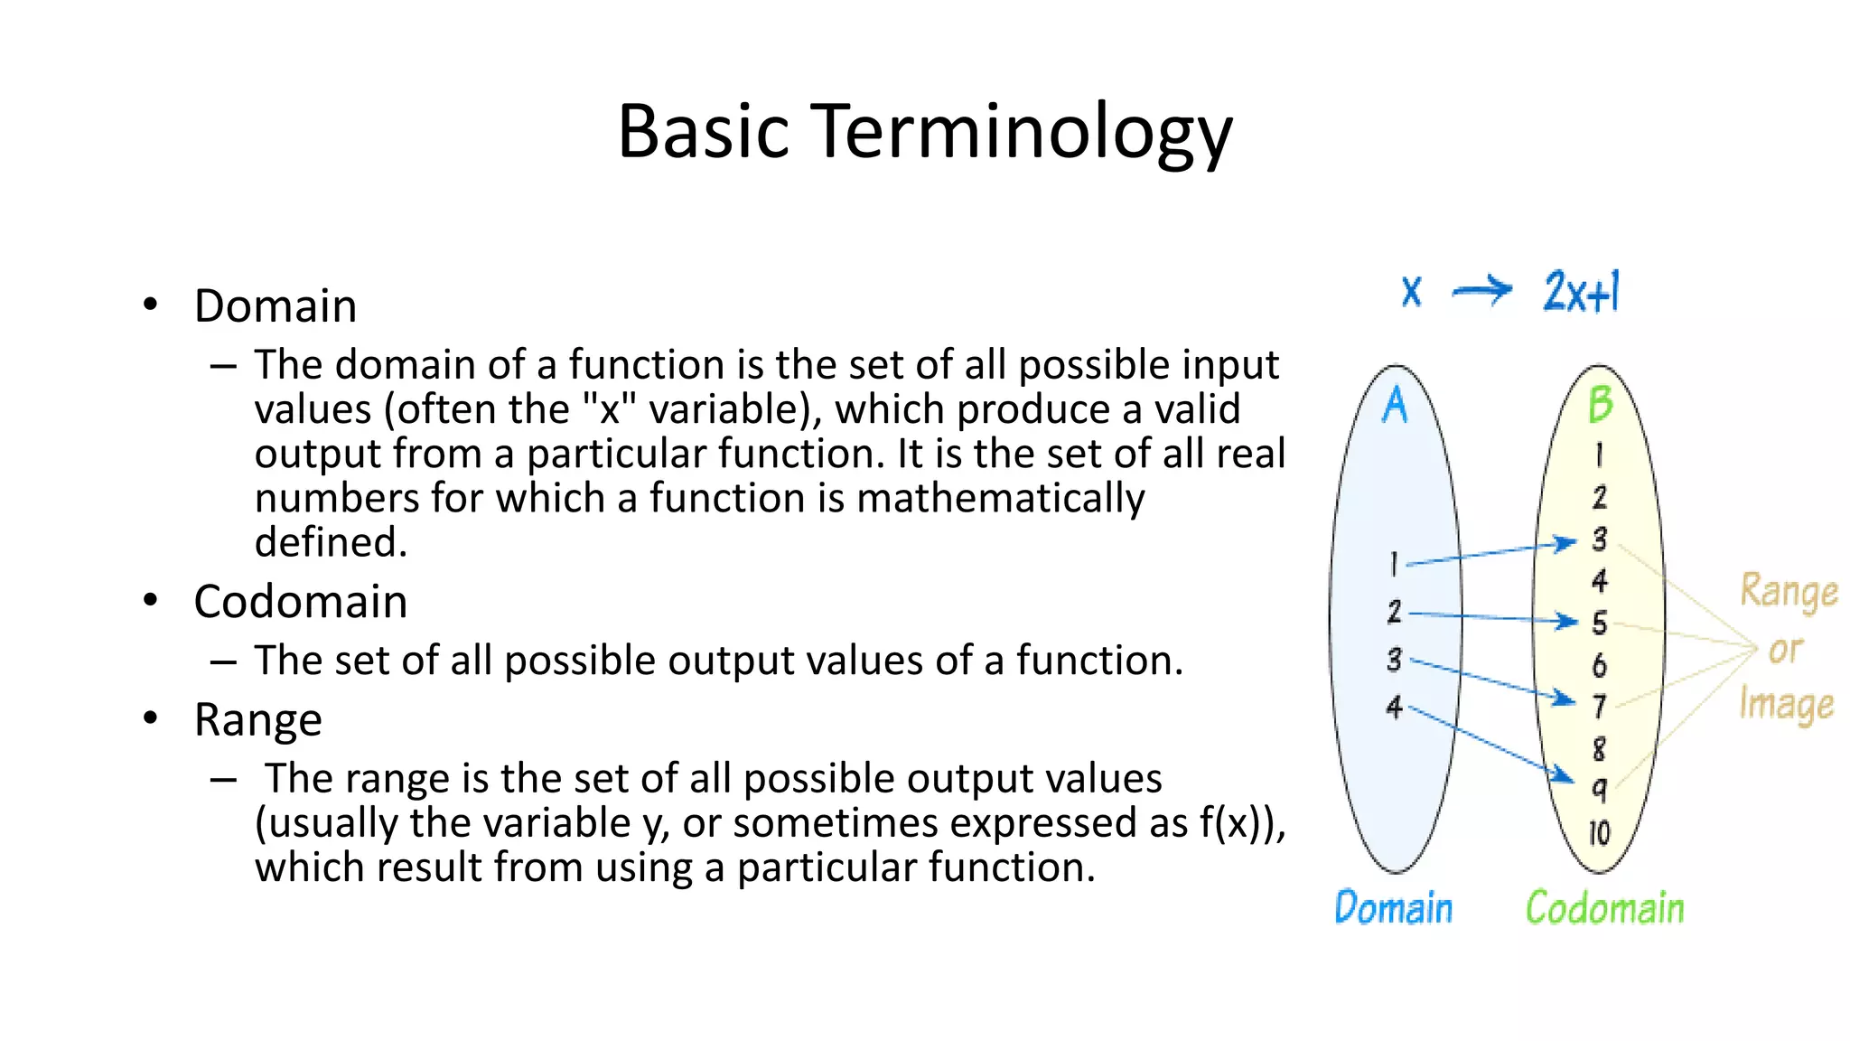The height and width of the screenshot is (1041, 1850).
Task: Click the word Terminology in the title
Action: [x=1024, y=133]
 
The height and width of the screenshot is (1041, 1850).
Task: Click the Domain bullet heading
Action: [x=276, y=306]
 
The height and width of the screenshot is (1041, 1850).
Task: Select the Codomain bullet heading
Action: [x=301, y=602]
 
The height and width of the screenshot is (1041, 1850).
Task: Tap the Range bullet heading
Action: [x=258, y=720]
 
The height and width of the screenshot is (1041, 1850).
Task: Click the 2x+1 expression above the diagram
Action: [x=1582, y=292]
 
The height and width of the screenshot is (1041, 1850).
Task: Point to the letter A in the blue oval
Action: [x=1395, y=406]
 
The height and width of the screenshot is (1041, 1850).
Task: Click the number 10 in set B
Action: [x=1599, y=832]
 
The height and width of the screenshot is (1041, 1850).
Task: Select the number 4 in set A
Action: [x=1395, y=707]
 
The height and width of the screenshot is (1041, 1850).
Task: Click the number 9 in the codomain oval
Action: [x=1599, y=790]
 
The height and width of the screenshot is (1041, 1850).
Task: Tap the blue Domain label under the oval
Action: [x=1393, y=908]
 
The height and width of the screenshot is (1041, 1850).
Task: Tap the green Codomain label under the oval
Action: [x=1605, y=908]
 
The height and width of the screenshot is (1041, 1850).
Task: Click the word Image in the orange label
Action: [x=1786, y=705]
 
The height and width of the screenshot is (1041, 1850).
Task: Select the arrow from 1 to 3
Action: [x=1490, y=553]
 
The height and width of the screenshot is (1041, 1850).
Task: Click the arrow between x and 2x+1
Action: [x=1481, y=291]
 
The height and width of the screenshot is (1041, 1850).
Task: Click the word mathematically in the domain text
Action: [x=1000, y=499]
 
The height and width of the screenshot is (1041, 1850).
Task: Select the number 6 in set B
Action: [x=1599, y=666]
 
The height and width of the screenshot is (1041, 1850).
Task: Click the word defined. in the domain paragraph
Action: [x=331, y=543]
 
